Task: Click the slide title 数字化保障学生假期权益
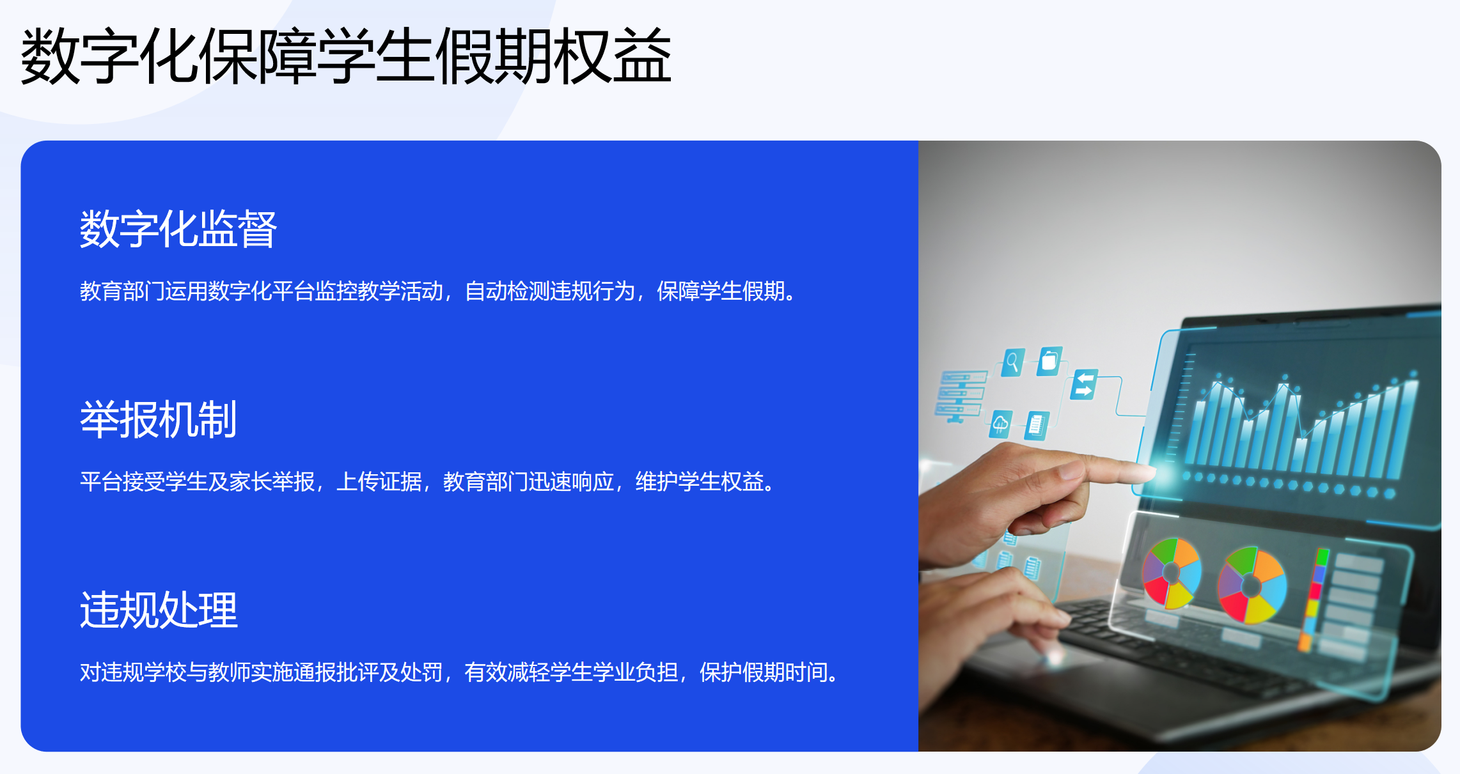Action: pos(346,56)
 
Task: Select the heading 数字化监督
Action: pos(178,229)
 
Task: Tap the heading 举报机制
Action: pos(158,419)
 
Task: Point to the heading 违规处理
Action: pos(159,610)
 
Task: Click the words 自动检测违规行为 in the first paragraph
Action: pos(549,291)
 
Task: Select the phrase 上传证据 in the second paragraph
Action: pos(379,482)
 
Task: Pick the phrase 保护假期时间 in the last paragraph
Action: pos(764,672)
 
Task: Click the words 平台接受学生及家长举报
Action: pos(197,482)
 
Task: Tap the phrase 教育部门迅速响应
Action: pos(528,482)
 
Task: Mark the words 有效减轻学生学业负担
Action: pos(571,672)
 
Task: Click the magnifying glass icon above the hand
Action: pos(1012,362)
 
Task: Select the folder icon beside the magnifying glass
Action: pos(1049,361)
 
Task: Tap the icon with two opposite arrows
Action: pos(1085,384)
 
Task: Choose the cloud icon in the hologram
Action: pos(1000,424)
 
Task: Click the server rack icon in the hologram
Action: pos(959,396)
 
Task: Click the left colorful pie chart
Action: pos(1172,573)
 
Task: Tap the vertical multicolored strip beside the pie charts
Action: pos(1314,598)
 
